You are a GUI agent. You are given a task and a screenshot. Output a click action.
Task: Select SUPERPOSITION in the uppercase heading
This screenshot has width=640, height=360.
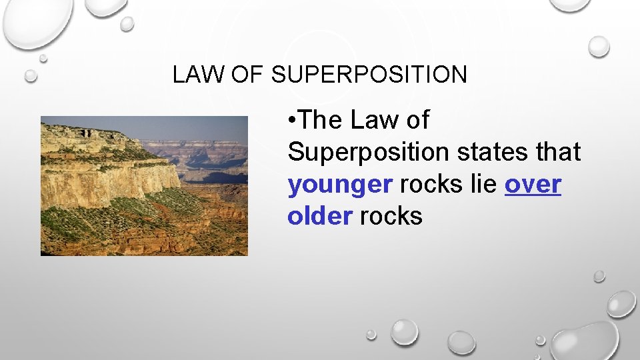point(369,75)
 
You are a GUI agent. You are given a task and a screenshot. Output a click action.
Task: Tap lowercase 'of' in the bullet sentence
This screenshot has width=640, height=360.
point(418,121)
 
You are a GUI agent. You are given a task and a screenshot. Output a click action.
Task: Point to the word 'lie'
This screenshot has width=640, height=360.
point(484,185)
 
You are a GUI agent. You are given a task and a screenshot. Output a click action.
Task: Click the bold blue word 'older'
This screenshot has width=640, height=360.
point(319,217)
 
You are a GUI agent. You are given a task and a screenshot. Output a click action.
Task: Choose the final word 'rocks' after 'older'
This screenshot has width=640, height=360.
point(391,217)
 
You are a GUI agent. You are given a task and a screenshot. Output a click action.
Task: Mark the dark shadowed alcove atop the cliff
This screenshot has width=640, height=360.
point(86,133)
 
